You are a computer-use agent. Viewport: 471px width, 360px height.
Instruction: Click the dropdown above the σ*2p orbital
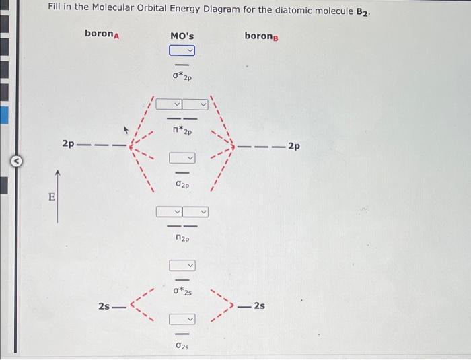pos(182,50)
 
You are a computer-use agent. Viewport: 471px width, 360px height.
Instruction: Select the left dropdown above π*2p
pos(170,104)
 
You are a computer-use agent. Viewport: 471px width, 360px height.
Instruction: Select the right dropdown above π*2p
pos(194,104)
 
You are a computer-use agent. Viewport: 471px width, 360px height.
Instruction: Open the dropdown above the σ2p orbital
pos(182,158)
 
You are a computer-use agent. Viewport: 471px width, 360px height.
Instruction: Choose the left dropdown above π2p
pos(170,212)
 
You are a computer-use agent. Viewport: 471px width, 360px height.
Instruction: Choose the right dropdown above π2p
pos(194,212)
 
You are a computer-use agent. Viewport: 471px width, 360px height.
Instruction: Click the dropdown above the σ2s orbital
pos(182,318)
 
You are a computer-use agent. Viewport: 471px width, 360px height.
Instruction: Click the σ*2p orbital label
pos(182,77)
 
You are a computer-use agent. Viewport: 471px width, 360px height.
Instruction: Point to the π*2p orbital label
pos(182,131)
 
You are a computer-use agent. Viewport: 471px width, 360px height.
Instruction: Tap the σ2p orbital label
pos(182,184)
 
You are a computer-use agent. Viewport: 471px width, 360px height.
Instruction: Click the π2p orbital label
pos(182,238)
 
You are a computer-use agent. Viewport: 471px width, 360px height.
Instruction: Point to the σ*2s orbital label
pos(182,291)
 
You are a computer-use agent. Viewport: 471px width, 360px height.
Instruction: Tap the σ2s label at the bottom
pos(182,345)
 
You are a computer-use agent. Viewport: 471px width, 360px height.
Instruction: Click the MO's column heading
pos(182,34)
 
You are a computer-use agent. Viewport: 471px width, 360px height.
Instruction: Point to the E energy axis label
pos(49,198)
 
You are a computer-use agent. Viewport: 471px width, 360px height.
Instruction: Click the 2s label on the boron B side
pos(258,306)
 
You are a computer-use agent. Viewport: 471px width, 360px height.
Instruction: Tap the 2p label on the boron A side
pos(68,144)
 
